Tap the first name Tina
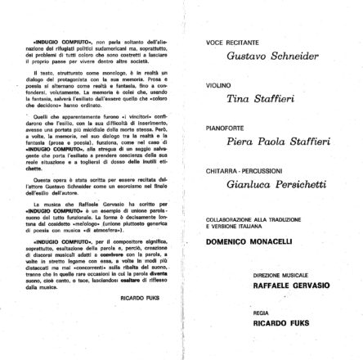pos(237,98)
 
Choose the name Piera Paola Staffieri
pos(278,141)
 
